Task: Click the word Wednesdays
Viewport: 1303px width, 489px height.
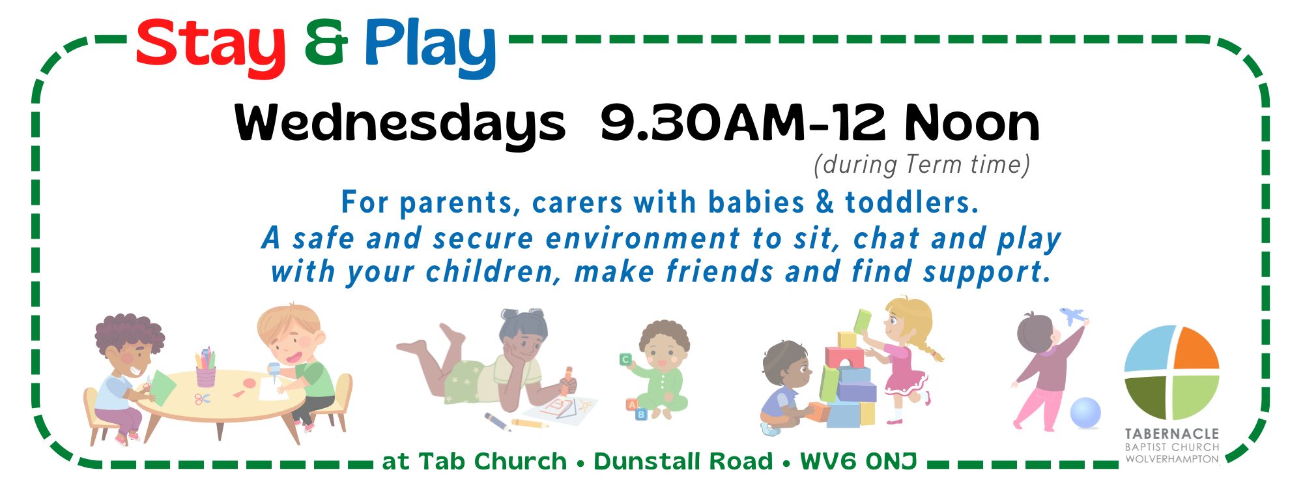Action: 399,125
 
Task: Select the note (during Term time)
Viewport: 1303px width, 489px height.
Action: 922,164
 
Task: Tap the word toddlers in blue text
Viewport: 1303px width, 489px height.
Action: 911,202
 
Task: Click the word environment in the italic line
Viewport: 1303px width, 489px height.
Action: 643,238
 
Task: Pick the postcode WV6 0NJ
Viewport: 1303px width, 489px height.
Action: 859,461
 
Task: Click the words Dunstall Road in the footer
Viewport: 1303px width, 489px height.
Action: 683,461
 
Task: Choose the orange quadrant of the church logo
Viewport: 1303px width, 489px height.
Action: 1197,348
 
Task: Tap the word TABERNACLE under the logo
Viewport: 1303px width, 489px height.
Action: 1171,434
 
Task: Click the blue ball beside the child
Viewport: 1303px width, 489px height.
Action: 1085,413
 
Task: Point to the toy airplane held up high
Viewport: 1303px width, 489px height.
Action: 1073,317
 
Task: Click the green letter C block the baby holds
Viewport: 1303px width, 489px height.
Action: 625,359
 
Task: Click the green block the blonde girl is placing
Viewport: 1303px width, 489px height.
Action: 862,320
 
